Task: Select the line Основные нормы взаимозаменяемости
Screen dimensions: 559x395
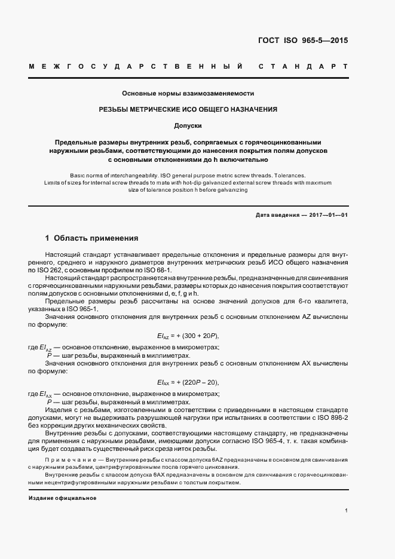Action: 188,94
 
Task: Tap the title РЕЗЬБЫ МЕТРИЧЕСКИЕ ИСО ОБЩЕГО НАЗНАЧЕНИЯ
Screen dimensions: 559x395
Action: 188,110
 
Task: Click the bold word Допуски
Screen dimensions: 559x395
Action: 188,126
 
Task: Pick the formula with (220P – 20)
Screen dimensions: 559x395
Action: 188,382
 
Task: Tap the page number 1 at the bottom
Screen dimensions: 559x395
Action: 347,511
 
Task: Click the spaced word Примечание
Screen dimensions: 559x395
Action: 68,459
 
